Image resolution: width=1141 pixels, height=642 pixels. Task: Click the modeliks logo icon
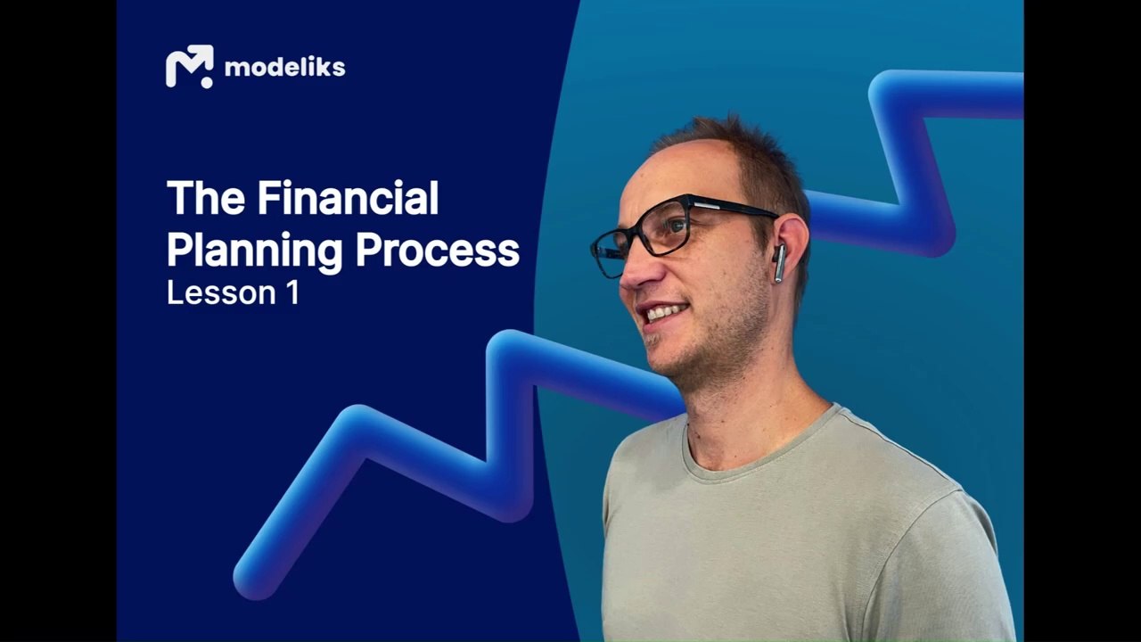[x=190, y=66]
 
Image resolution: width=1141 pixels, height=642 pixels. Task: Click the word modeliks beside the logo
[x=284, y=67]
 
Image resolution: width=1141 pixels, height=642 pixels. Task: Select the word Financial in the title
[x=348, y=198]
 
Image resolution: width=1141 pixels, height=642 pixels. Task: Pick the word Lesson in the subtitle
[x=221, y=293]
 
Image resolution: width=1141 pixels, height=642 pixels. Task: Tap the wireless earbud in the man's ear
[x=779, y=263]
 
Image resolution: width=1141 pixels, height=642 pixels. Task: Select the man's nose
[x=636, y=270]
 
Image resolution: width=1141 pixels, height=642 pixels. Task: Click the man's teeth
[x=665, y=312]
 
